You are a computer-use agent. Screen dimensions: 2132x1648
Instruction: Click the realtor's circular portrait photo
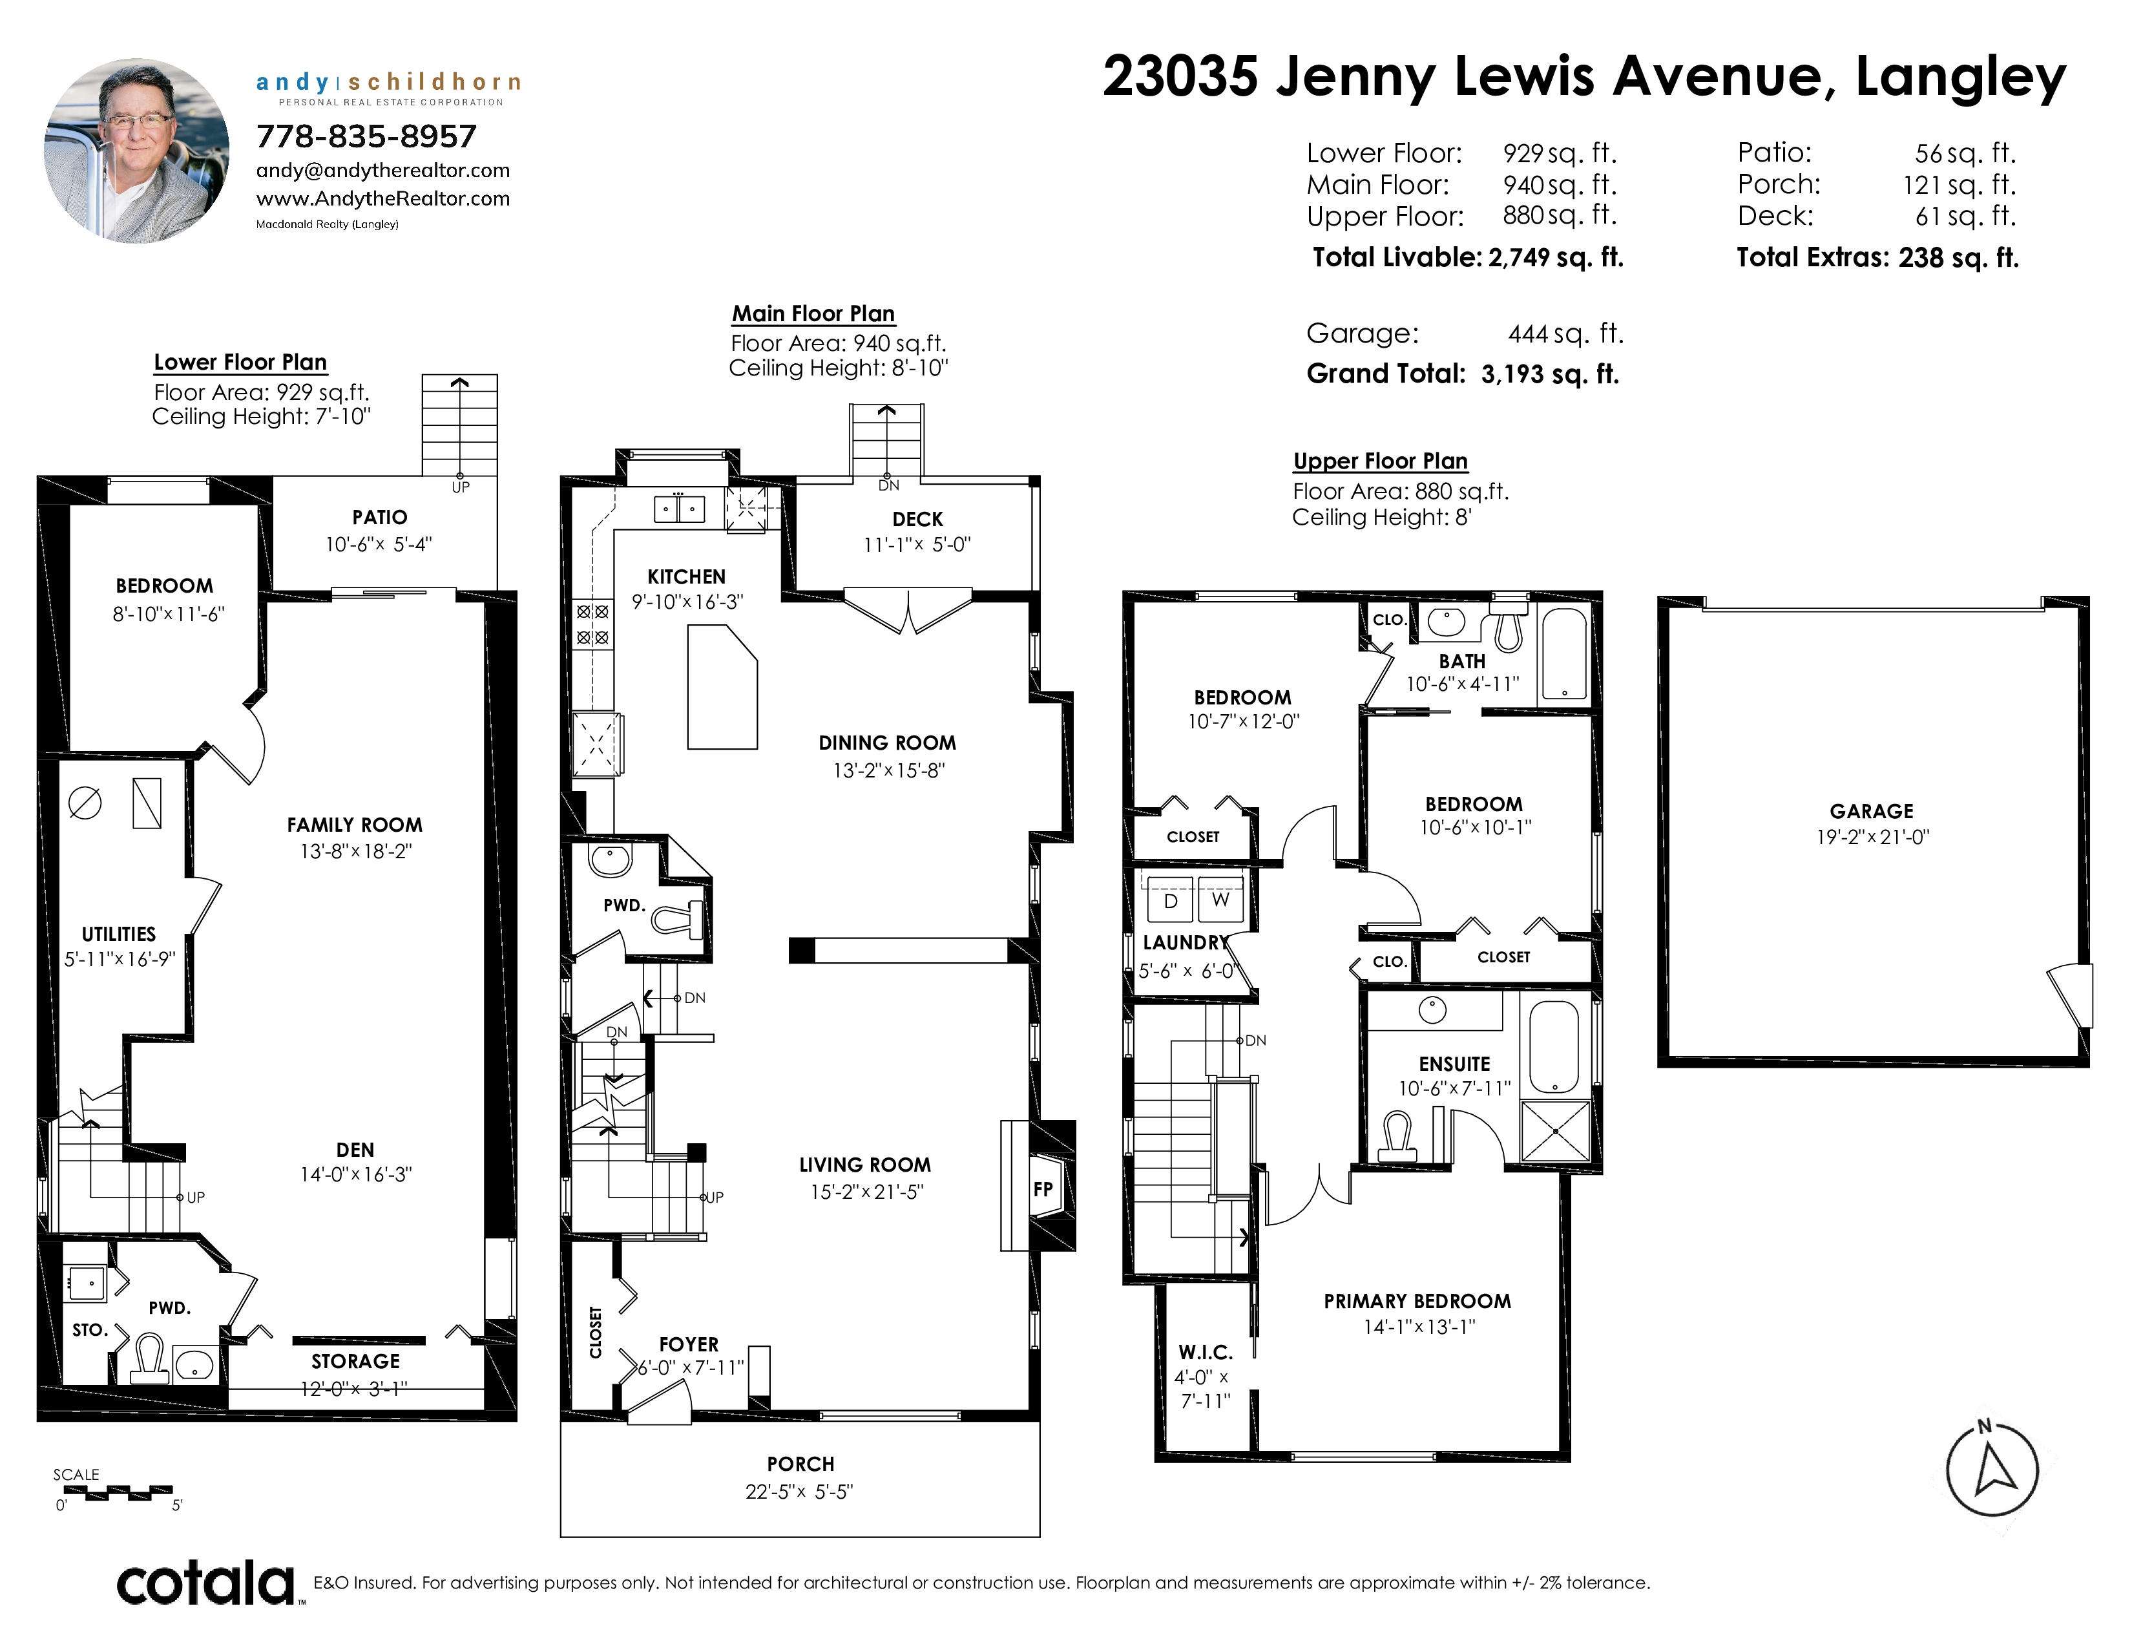tap(137, 151)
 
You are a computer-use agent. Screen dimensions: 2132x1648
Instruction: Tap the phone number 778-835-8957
tap(366, 136)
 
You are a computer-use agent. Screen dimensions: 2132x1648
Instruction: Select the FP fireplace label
tap(1043, 1189)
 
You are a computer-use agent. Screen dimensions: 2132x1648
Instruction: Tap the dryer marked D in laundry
tap(1171, 901)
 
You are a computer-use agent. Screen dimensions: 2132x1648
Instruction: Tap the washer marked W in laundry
tap(1220, 900)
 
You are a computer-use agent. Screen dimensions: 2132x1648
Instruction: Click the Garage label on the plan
tap(1872, 811)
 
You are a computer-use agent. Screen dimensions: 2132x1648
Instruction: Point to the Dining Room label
tap(887, 743)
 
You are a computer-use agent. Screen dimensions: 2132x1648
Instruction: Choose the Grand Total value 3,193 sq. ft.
tap(1550, 374)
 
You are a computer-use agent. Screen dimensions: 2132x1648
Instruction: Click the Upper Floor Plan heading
tap(1381, 461)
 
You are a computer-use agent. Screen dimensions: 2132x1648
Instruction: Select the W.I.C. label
tap(1206, 1352)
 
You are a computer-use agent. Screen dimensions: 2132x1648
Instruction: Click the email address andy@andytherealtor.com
tap(382, 171)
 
